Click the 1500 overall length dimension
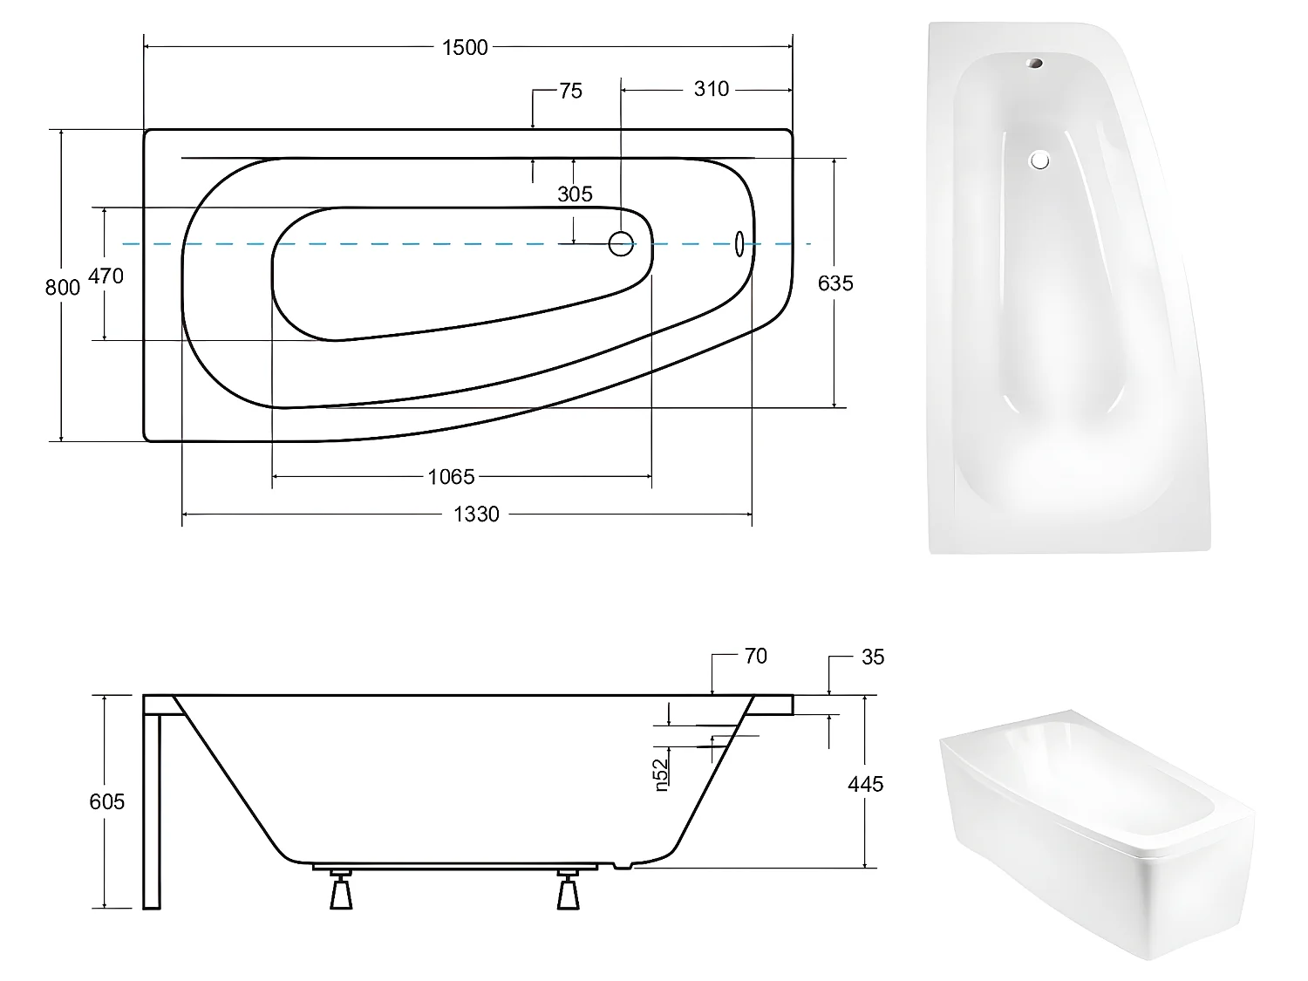click(465, 48)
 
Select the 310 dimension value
click(711, 89)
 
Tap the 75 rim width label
click(570, 92)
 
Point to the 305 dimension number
click(575, 194)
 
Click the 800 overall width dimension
click(62, 287)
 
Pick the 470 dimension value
click(106, 276)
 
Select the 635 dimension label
click(835, 283)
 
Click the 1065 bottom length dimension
click(451, 477)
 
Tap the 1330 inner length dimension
click(476, 514)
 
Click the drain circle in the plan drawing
click(621, 244)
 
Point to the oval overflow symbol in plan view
click(740, 244)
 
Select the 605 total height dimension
click(106, 801)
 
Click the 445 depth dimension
click(865, 784)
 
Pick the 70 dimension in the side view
click(755, 657)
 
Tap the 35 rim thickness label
click(872, 657)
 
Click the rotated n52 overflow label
click(661, 774)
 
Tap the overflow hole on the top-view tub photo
click(1035, 64)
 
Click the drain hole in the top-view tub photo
click(1039, 160)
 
